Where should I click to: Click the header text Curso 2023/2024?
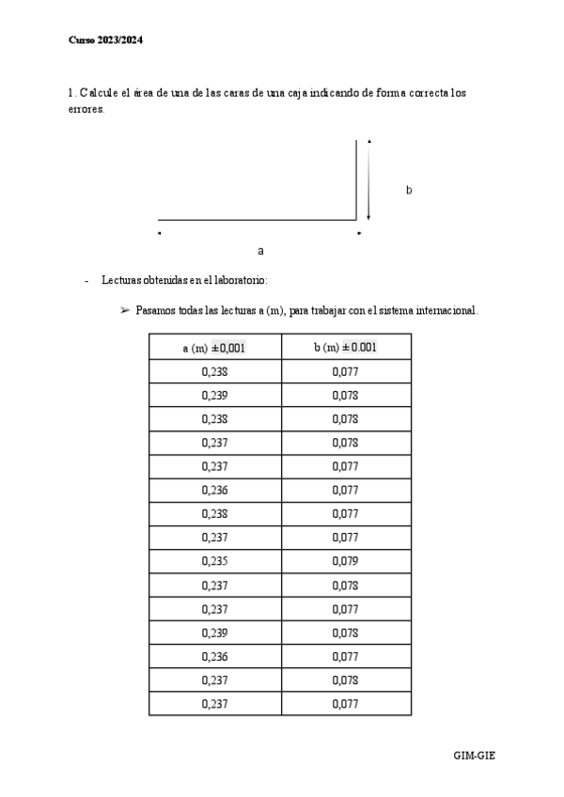click(x=105, y=40)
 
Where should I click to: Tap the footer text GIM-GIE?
click(x=474, y=755)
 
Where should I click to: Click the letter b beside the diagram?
click(x=409, y=190)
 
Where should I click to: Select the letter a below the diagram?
click(x=260, y=251)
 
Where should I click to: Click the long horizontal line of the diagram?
click(x=256, y=220)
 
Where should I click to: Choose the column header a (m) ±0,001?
click(x=214, y=348)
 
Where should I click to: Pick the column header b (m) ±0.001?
click(x=345, y=348)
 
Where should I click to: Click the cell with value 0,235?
click(x=214, y=561)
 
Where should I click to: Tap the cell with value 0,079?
click(x=345, y=561)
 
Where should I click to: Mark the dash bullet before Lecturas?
click(x=86, y=280)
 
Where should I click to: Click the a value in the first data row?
click(x=214, y=371)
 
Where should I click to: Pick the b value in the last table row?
click(x=345, y=703)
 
